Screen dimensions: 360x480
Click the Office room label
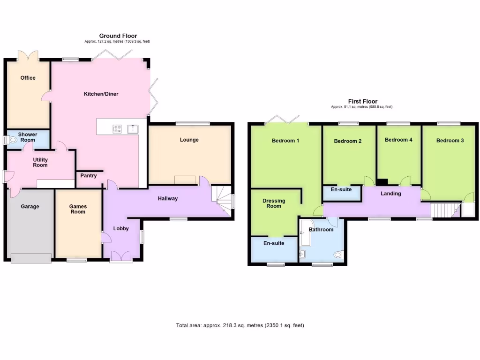point(28,78)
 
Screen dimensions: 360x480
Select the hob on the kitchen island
point(117,128)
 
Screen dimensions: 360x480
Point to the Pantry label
point(88,176)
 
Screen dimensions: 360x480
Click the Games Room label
point(78,209)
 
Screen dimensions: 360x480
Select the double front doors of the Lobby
point(121,255)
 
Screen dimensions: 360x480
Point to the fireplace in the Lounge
point(186,180)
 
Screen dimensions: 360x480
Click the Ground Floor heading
point(118,36)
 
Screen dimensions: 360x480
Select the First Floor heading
point(362,101)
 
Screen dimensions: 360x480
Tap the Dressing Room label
point(274,203)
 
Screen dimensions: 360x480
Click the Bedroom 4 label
point(398,140)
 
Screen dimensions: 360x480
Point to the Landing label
point(390,194)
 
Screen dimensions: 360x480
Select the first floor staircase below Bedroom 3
point(444,210)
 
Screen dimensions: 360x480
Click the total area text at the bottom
point(240,325)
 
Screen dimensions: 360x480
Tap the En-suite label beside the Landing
point(341,190)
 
